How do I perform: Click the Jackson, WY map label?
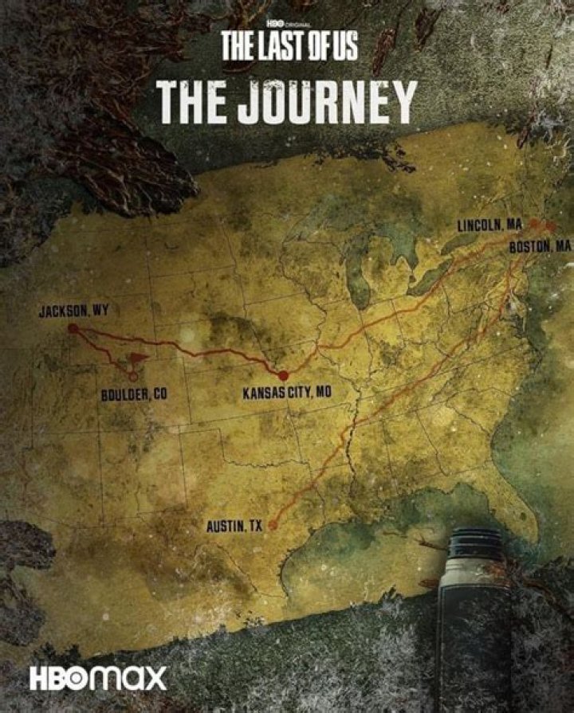73,311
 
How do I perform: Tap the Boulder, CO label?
134,394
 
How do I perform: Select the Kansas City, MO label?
286,392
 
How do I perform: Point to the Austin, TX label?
234,527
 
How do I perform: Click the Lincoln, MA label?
489,225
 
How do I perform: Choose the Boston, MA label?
540,246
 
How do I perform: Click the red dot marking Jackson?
73,328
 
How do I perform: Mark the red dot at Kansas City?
283,375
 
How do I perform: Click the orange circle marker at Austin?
273,525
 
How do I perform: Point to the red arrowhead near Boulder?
138,358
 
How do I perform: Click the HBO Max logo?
99,679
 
